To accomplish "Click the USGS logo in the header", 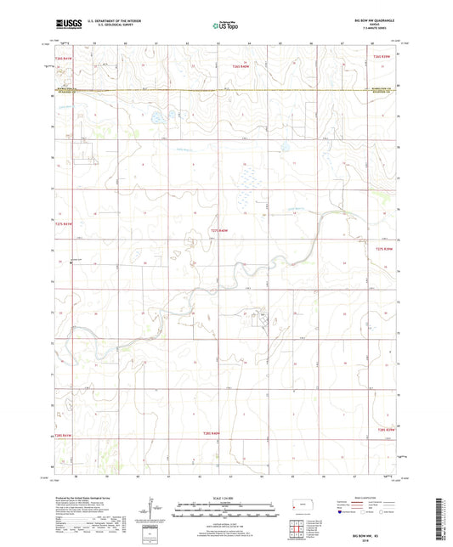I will click(x=68, y=25).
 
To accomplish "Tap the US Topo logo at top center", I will click(x=224, y=26).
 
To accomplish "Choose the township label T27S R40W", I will click(x=220, y=231).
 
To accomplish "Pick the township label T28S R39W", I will click(x=386, y=429).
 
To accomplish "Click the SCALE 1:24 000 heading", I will click(x=226, y=496).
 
